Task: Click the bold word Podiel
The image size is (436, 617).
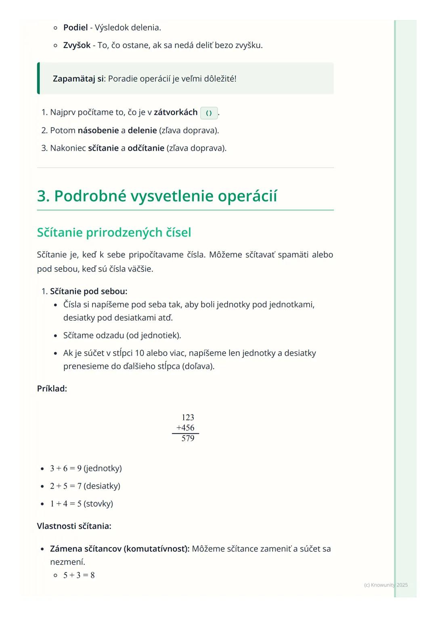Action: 75,27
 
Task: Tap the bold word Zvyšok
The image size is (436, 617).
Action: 77,45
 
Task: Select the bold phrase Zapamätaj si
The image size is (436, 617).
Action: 79,78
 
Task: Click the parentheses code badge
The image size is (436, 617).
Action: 209,113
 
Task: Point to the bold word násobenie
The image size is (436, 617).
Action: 98,130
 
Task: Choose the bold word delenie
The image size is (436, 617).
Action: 142,130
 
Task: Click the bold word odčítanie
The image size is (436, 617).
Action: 146,148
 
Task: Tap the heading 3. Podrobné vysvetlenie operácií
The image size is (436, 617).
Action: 157,196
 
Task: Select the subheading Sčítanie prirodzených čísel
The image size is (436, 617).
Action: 114,233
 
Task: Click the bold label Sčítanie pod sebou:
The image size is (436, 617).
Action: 88,291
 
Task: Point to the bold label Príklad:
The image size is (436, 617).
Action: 52,388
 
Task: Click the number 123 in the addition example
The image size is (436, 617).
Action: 188,418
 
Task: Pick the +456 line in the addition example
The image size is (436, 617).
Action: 186,428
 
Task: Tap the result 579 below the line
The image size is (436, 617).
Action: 188,439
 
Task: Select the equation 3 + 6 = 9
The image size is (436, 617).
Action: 66,468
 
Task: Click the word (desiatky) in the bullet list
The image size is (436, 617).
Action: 102,486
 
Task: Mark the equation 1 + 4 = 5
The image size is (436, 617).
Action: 66,504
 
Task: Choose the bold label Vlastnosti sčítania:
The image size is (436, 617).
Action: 74,526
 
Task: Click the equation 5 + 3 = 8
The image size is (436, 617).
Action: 79,575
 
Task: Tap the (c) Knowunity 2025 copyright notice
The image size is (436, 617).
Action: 386,585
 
